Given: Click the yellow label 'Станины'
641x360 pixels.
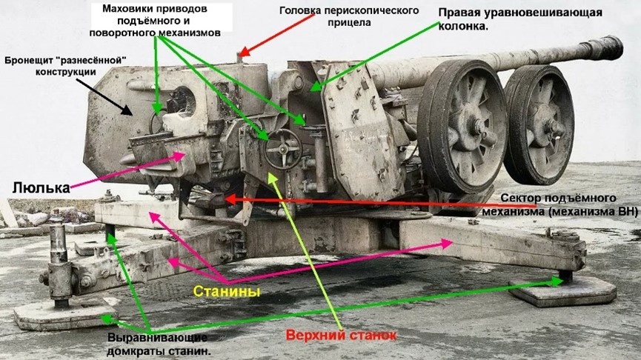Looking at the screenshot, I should pos(226,291).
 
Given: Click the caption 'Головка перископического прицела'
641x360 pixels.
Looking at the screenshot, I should pos(349,16).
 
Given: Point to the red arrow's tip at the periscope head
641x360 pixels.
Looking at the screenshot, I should pos(240,56).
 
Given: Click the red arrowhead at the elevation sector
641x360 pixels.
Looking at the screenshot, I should pos(226,199).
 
